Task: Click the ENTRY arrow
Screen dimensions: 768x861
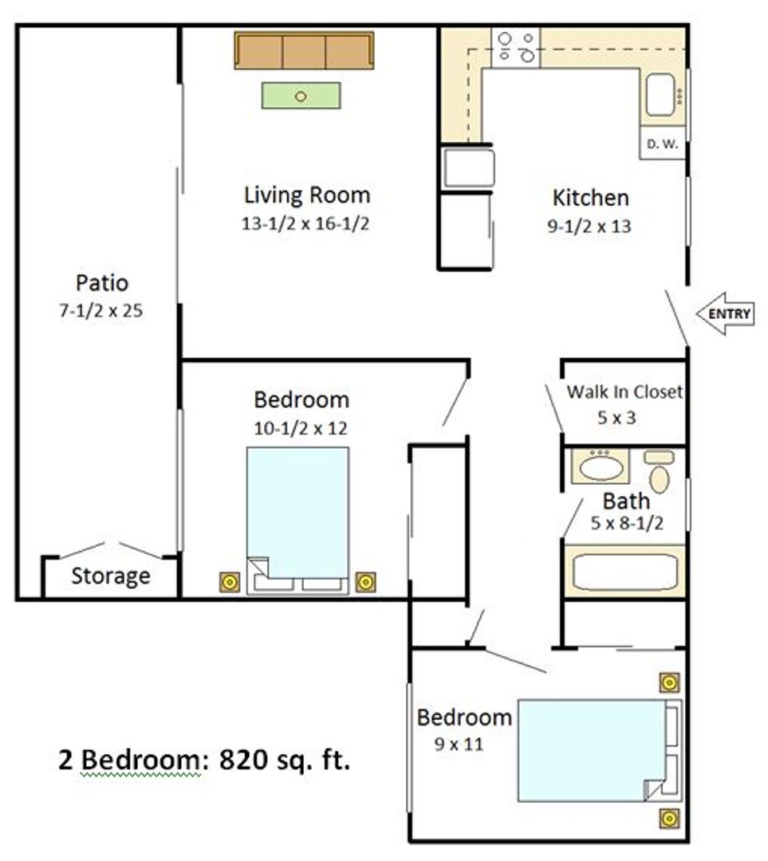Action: tap(725, 313)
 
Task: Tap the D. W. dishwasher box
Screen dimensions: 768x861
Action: tap(663, 143)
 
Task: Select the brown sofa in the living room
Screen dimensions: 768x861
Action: tap(305, 50)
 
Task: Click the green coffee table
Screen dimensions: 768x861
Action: tap(301, 96)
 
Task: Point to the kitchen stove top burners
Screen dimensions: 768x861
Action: tap(516, 47)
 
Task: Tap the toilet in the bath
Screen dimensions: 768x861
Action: tap(660, 472)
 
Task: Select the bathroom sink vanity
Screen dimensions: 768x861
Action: tap(601, 466)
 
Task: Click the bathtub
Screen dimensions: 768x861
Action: tap(625, 572)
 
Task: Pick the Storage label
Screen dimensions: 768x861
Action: tap(110, 576)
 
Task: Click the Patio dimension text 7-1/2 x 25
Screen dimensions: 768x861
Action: tap(101, 311)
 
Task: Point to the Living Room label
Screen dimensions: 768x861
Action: tap(307, 195)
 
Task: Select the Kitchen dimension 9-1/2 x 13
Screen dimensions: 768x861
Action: tap(589, 226)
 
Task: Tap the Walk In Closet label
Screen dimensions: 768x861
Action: tap(624, 391)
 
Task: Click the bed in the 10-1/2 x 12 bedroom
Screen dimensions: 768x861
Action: tap(297, 521)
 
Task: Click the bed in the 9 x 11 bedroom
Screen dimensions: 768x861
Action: tap(600, 750)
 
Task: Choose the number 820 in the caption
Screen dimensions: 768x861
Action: tap(236, 760)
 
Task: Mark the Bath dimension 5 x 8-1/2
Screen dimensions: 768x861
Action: tap(627, 523)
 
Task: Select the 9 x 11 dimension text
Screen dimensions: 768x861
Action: tap(459, 744)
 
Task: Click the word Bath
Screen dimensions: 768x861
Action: tap(626, 501)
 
